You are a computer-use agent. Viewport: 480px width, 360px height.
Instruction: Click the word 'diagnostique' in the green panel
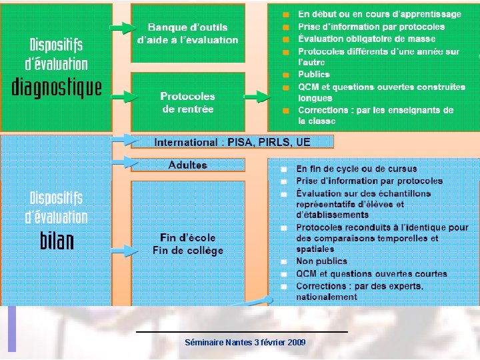click(x=57, y=87)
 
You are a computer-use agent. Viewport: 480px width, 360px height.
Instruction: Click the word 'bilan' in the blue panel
click(x=57, y=241)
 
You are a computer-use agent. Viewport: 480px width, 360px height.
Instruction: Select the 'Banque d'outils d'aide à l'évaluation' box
click(x=187, y=33)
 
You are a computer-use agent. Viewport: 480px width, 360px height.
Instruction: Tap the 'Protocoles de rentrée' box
click(x=187, y=102)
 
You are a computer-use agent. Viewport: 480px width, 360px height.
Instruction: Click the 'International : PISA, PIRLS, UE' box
click(x=232, y=142)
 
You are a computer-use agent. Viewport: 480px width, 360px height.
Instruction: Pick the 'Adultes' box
click(x=187, y=165)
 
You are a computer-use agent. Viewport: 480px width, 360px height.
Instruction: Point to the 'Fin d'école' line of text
click(x=187, y=238)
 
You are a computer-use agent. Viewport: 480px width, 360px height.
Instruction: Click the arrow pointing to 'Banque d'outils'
click(x=122, y=28)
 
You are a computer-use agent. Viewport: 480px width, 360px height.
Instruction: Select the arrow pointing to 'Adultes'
click(x=125, y=161)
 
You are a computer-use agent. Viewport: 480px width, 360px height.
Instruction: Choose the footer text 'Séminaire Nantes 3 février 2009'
click(x=245, y=342)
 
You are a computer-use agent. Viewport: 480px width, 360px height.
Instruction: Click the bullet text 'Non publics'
click(x=322, y=262)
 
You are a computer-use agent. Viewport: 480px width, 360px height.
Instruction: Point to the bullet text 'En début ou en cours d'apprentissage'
click(x=379, y=14)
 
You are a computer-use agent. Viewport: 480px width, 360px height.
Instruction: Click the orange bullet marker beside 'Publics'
click(x=285, y=75)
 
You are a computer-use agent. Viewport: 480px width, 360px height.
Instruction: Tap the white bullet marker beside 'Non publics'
click(x=284, y=262)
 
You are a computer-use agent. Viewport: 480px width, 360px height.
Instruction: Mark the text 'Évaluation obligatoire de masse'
click(x=367, y=39)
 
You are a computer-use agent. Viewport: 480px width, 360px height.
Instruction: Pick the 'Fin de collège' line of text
click(x=187, y=251)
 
